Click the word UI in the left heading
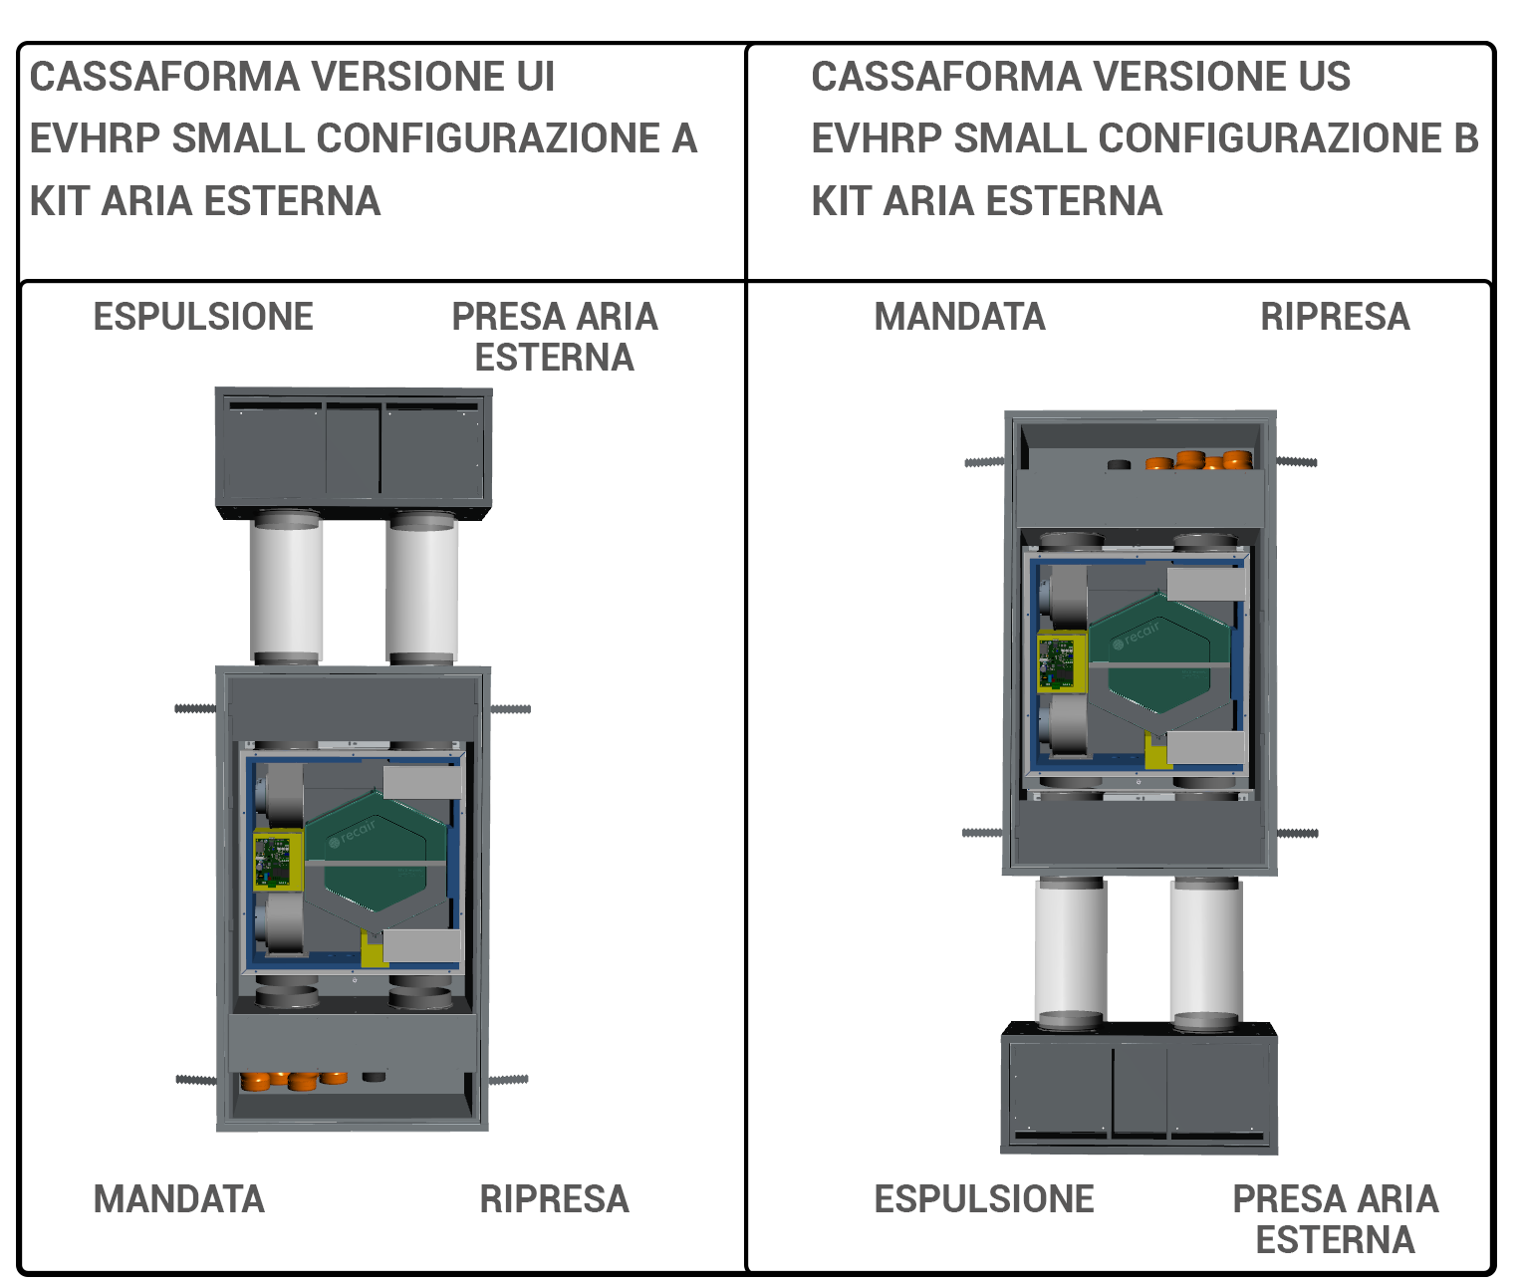point(535,78)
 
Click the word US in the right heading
point(1324,78)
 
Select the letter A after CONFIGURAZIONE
point(683,139)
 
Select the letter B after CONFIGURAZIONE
point(1465,139)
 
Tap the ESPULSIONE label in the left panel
point(203,317)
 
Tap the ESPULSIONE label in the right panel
point(984,1199)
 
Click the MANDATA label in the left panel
point(179,1199)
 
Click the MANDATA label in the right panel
point(960,317)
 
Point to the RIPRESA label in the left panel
point(555,1199)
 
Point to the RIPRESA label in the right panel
point(1336,317)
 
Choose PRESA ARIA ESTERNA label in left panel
point(555,337)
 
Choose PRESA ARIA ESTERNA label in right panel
point(1336,1219)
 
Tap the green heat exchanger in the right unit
point(1158,652)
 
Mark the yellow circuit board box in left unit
point(276,860)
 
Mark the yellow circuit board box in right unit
point(1061,661)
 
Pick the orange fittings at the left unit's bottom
point(294,1080)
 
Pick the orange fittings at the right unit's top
point(1199,461)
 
